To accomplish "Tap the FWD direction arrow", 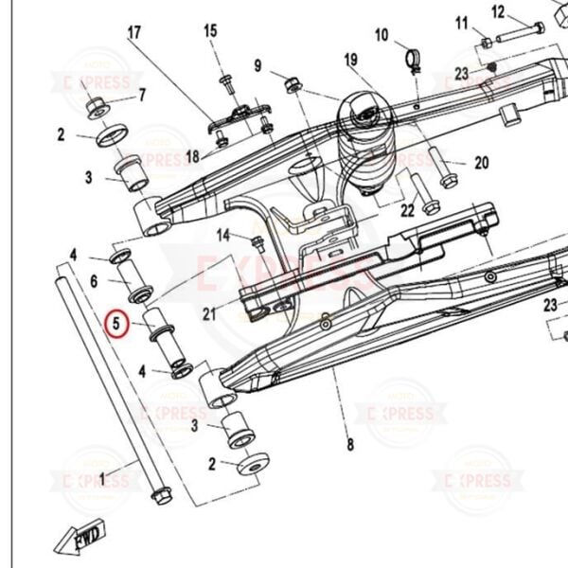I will tap(81, 537).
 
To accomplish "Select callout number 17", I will tap(133, 33).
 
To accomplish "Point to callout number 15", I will tap(210, 30).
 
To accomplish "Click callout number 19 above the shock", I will tap(351, 62).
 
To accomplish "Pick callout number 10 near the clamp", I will tap(382, 36).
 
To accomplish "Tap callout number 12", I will tap(498, 11).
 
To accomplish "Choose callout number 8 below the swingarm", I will tap(349, 444).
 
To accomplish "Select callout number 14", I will tap(223, 234).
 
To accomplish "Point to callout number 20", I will tap(481, 163).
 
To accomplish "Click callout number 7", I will tap(142, 95).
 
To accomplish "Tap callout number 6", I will tap(95, 281).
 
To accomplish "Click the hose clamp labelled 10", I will tap(413, 62).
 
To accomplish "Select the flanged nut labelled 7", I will tap(97, 108).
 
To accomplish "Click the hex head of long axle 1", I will tap(161, 493).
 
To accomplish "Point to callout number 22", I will tap(407, 210).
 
